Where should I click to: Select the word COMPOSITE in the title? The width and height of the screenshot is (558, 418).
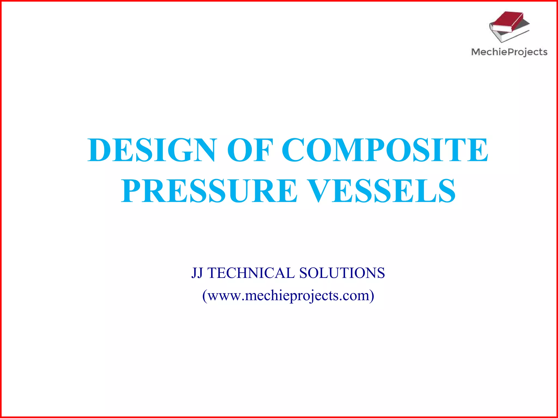(x=385, y=150)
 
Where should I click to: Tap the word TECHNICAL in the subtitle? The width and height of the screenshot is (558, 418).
(x=251, y=273)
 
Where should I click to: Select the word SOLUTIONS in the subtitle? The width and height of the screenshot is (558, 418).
(x=342, y=273)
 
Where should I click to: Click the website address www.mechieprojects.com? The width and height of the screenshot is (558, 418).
(x=288, y=296)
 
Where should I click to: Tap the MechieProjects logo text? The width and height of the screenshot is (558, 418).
(x=509, y=52)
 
